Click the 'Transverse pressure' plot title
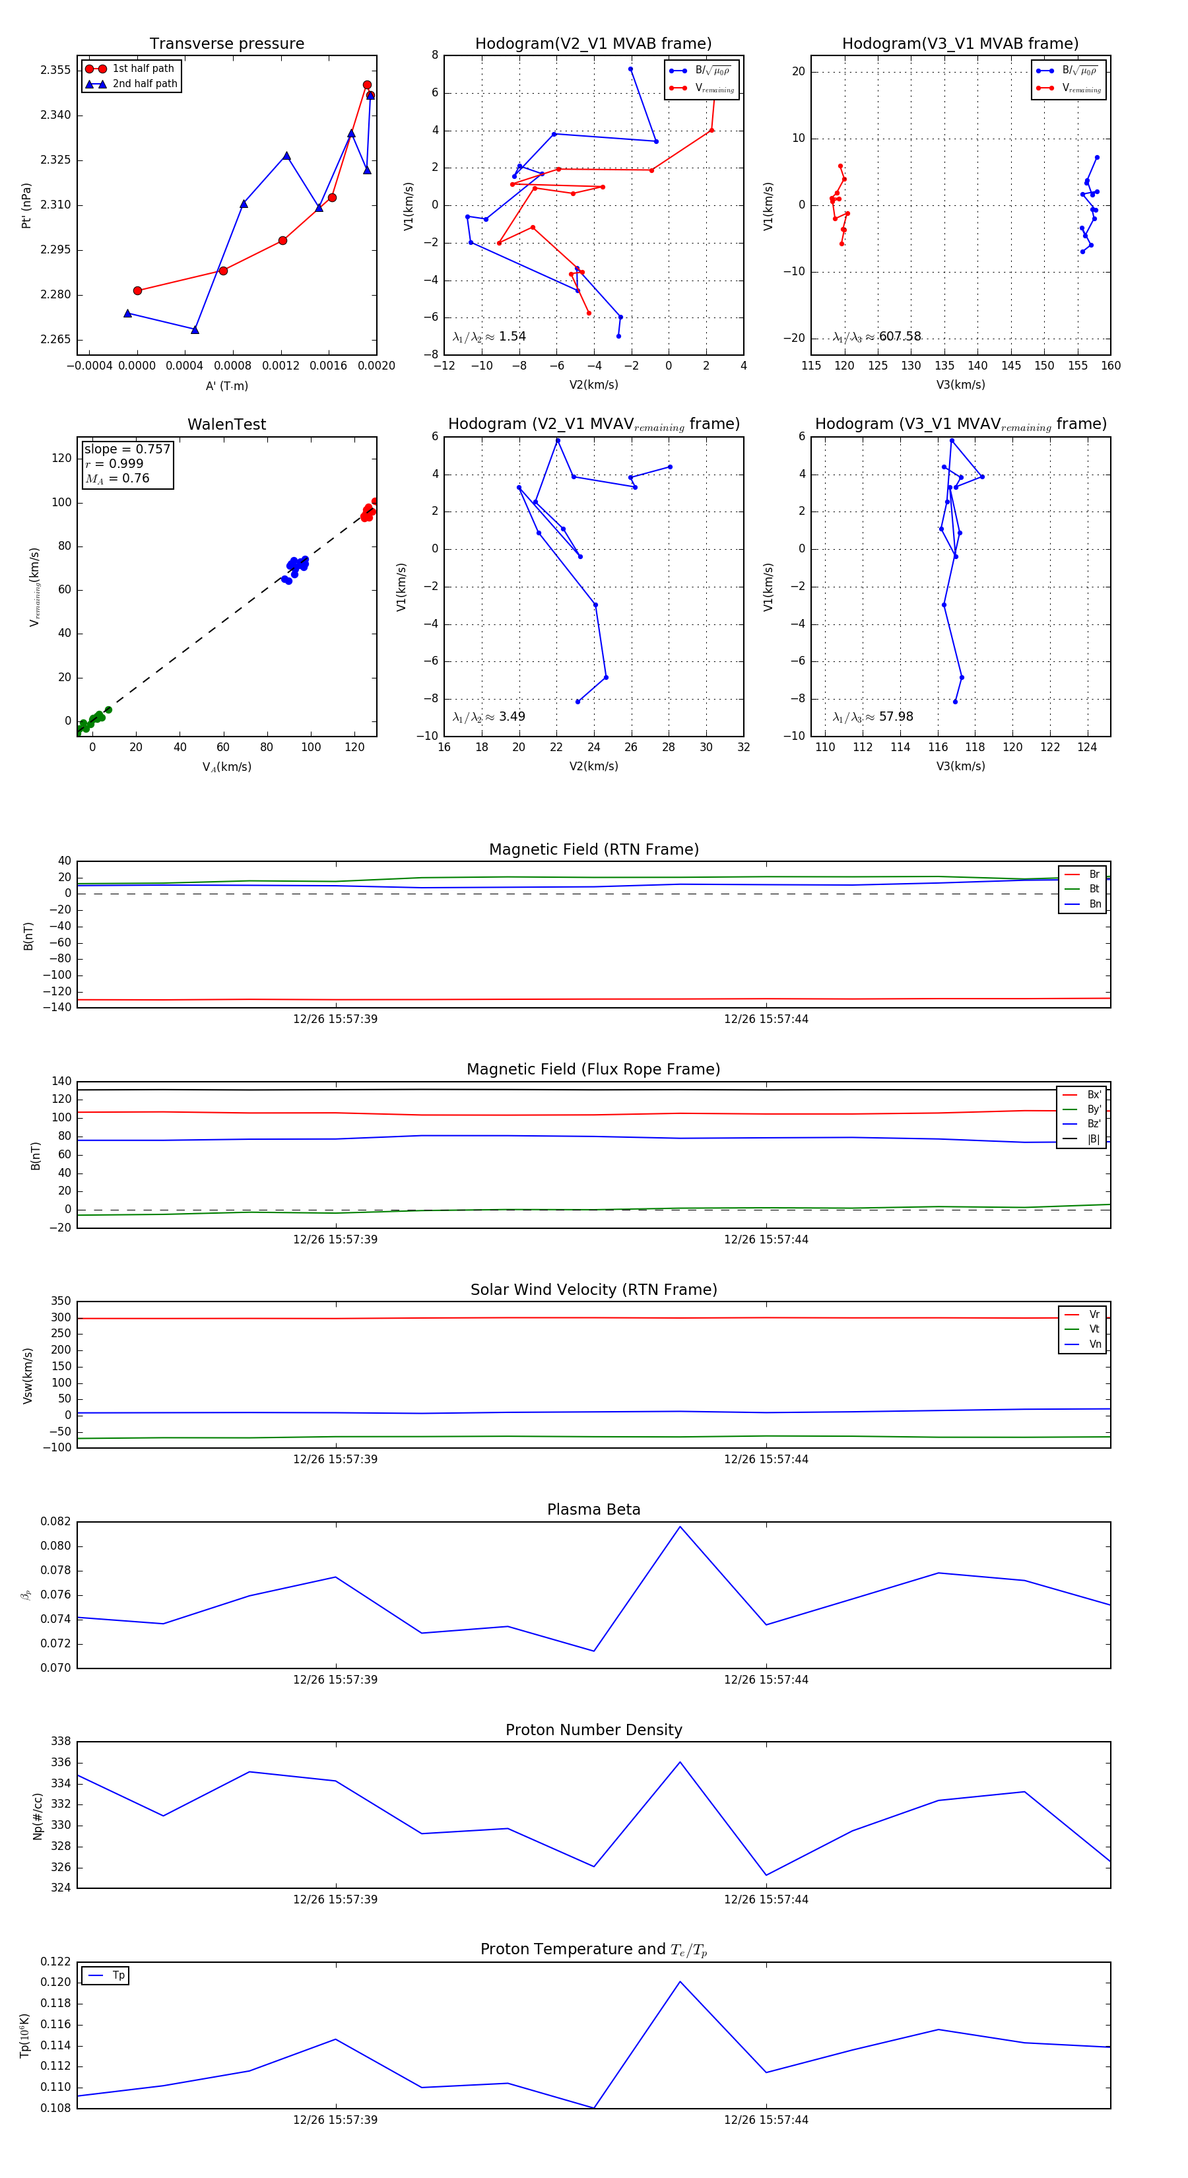226,44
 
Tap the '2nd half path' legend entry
145,84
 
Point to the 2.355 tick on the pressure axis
56,70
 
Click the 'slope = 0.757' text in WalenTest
127,449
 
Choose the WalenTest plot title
226,424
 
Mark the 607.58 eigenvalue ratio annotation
900,337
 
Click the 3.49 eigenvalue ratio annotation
511,717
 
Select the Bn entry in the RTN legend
1094,904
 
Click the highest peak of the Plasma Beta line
680,1526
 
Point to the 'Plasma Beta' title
593,1509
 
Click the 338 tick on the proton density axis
61,1742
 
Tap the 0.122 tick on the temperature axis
56,1962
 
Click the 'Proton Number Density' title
593,1730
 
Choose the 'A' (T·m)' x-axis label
226,385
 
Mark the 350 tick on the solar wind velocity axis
61,1302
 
